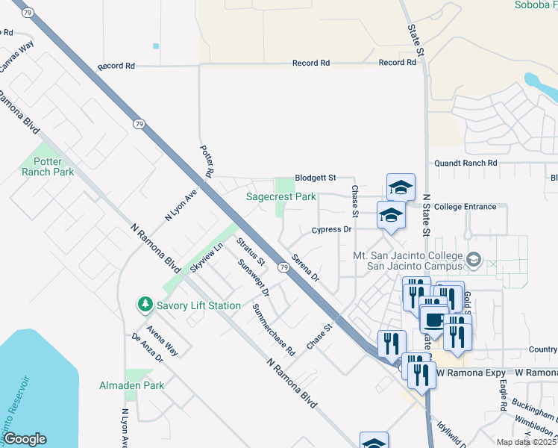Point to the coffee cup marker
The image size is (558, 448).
[x=433, y=320]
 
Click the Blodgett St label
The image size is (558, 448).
[x=315, y=177]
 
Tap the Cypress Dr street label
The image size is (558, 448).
[x=331, y=230]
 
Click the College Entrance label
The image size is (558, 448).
[x=465, y=207]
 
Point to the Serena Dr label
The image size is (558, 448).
[x=305, y=267]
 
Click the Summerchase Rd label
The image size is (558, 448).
[x=274, y=329]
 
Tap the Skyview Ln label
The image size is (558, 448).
[x=207, y=258]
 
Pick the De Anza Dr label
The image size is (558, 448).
[x=147, y=349]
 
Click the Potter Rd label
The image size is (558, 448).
[x=207, y=161]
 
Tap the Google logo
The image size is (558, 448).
[x=25, y=439]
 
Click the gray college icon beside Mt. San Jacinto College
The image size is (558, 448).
[x=472, y=260]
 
